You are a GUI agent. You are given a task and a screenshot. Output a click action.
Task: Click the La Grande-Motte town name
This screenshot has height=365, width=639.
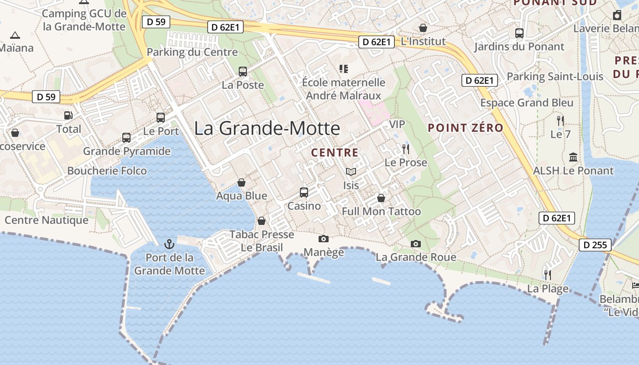[267, 128]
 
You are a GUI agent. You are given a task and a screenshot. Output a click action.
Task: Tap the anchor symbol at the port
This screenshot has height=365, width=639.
[169, 244]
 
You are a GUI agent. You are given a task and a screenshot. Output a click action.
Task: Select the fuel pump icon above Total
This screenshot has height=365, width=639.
[68, 115]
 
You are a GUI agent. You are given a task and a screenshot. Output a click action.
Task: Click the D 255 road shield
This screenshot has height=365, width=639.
[596, 245]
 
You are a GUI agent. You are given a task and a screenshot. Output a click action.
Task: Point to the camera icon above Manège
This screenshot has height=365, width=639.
[324, 239]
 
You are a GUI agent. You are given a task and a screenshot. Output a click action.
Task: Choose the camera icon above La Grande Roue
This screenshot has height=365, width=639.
[415, 244]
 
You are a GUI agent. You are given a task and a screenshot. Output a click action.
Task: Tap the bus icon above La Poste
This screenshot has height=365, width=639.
[243, 72]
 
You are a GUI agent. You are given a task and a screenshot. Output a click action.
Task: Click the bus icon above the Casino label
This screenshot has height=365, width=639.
[304, 193]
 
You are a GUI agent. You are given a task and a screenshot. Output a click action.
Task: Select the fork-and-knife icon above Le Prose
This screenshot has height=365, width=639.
[405, 149]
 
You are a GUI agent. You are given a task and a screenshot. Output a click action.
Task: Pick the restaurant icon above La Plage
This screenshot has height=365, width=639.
[548, 275]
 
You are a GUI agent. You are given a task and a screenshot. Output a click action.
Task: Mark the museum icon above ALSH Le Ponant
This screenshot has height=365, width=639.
[573, 157]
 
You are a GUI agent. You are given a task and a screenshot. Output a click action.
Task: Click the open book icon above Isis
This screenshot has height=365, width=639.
[351, 172]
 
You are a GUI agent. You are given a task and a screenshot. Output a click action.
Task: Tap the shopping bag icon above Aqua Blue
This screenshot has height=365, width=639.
[241, 182]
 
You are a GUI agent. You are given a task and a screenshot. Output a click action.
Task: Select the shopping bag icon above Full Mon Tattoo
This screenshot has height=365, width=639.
[381, 198]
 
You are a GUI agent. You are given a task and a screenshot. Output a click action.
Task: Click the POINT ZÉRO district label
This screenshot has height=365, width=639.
[466, 128]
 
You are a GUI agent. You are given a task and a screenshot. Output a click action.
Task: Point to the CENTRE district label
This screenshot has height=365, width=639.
[335, 152]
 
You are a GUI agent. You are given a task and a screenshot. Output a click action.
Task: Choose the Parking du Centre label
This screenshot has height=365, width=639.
[192, 52]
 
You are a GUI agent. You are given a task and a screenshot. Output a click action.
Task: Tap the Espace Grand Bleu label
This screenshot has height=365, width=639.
[527, 103]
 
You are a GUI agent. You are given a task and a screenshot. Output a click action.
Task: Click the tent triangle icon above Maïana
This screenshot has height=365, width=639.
[15, 35]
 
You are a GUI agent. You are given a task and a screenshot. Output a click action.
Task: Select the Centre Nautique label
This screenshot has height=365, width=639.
[47, 220]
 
